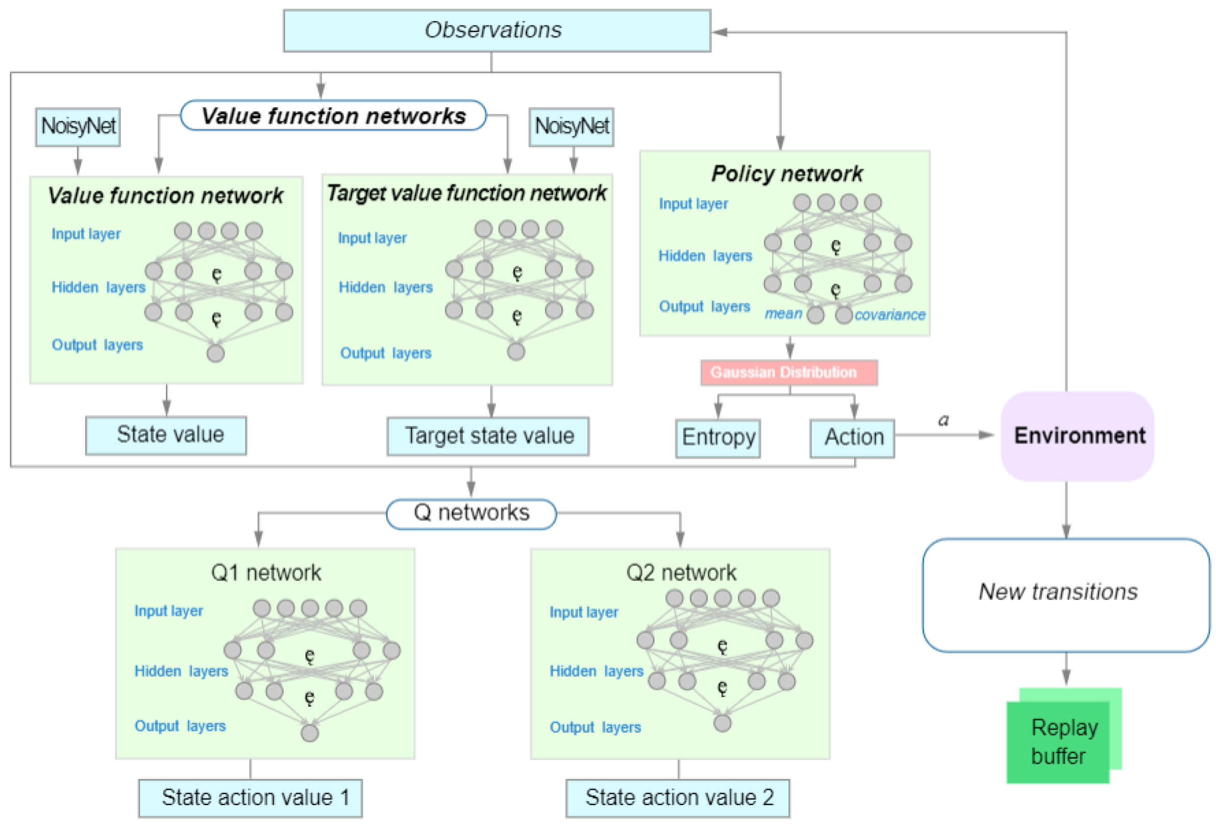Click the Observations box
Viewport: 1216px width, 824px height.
[x=497, y=30]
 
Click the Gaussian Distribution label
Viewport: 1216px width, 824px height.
[x=788, y=372]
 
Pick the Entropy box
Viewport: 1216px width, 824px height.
[x=717, y=438]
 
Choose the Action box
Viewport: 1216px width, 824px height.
[x=851, y=438]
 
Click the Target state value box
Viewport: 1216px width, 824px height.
[x=488, y=436]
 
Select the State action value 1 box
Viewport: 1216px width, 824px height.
[x=250, y=797]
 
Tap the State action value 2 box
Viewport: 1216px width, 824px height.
[x=678, y=797]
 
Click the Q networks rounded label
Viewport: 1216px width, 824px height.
[x=471, y=513]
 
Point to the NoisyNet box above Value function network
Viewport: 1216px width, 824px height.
[x=78, y=127]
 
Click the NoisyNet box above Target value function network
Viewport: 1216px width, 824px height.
[x=571, y=127]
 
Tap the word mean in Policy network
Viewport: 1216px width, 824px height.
[x=783, y=314]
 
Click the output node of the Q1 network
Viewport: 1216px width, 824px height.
[x=309, y=733]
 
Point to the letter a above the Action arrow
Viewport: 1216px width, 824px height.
[x=943, y=420]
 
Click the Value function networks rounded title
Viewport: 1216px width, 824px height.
[x=333, y=116]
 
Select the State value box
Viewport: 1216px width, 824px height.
[x=166, y=435]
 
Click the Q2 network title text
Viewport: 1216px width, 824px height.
[x=680, y=572]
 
